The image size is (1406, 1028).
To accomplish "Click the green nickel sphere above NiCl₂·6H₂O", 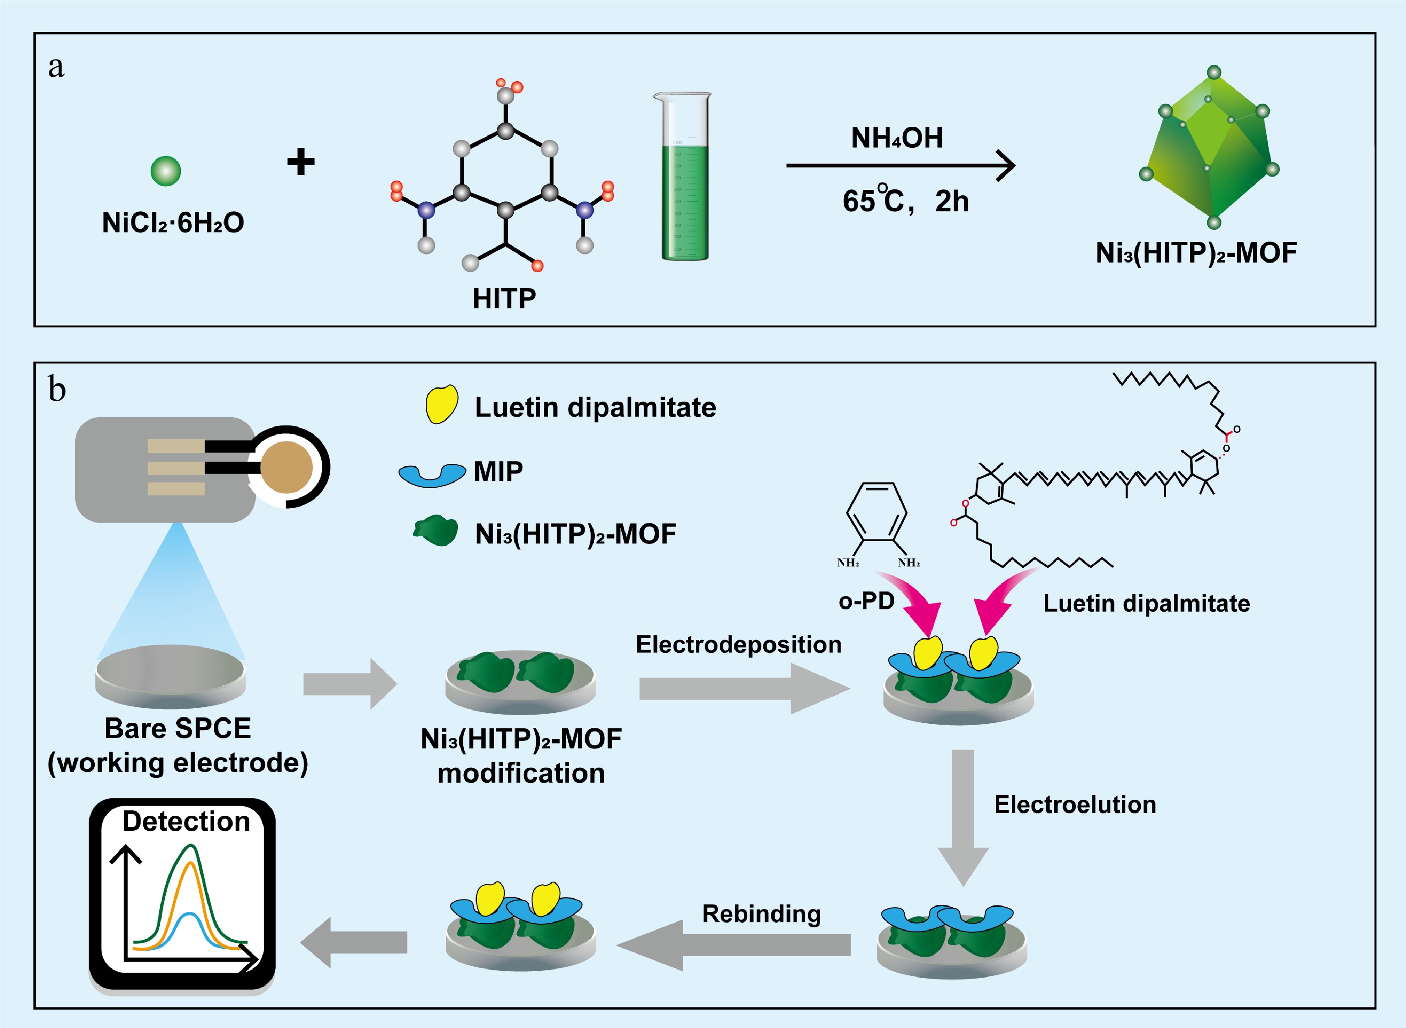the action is [166, 171].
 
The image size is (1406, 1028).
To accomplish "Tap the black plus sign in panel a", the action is [301, 162].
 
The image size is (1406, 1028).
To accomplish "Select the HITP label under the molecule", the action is [505, 299].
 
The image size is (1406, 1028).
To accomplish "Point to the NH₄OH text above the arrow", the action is [897, 138].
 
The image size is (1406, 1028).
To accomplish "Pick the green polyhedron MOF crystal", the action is [1210, 147].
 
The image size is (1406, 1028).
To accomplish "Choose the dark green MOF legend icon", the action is [436, 531].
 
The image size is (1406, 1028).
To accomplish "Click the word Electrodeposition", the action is [738, 644].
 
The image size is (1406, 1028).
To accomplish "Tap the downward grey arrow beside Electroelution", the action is [963, 818].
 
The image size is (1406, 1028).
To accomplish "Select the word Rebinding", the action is [761, 914].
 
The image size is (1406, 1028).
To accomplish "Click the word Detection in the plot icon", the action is [186, 821].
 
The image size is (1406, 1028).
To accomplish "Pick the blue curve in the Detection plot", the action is [187, 931].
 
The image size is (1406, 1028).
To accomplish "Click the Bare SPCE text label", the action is [178, 728].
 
